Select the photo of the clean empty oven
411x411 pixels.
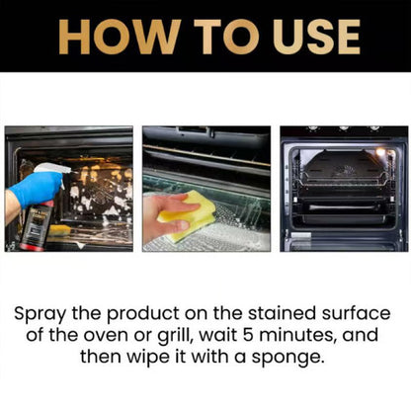point(343,188)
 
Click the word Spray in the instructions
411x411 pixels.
point(40,313)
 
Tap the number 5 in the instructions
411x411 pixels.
point(259,336)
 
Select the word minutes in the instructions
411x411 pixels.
point(309,336)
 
